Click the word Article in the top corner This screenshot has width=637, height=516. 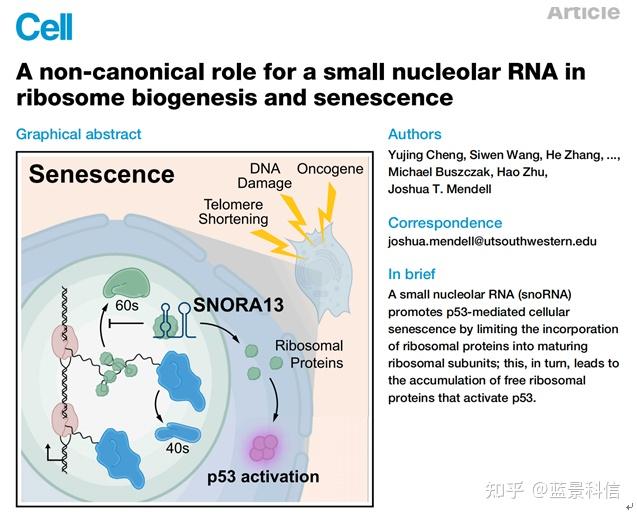coord(583,12)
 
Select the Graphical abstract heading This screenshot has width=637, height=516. coord(79,134)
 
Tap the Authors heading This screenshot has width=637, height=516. coord(414,134)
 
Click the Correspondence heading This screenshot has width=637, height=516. coord(445,222)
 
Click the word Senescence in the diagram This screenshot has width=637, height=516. coord(101,174)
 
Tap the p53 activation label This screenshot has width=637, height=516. coord(263,476)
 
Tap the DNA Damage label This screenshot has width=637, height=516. coord(264,176)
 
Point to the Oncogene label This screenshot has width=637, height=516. coord(330,169)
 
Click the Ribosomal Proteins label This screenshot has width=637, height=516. coord(308,353)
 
